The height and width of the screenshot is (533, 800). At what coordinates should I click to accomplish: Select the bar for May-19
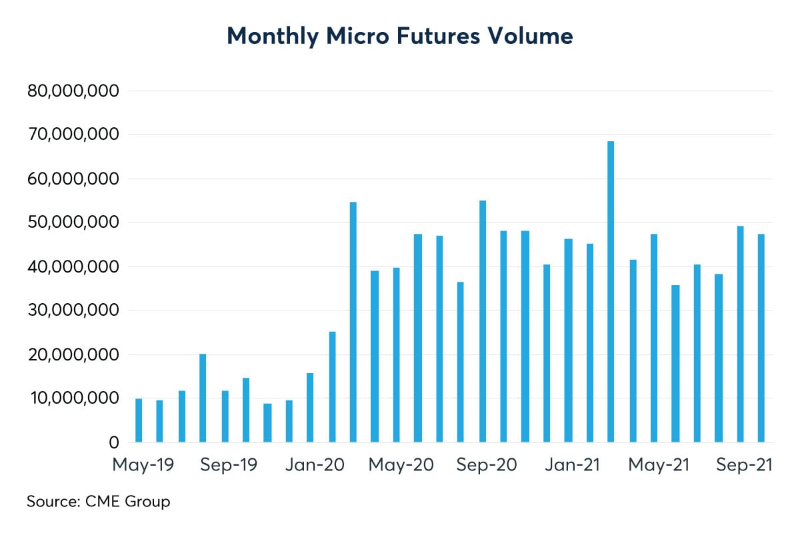tap(139, 420)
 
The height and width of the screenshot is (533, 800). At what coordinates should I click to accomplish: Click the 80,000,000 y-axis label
tap(73, 91)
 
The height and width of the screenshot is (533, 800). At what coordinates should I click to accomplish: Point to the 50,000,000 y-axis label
tap(73, 223)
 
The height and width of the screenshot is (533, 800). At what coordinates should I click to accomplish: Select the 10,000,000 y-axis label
tap(73, 398)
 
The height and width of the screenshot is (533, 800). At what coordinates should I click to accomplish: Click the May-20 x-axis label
tap(401, 465)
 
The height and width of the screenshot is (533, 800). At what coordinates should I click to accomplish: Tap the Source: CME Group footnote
tap(98, 501)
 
